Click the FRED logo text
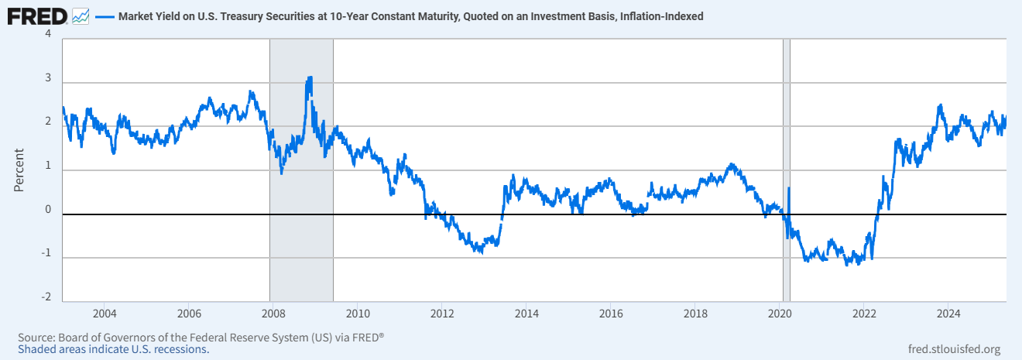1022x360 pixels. pos(36,15)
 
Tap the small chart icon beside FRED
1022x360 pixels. pos(80,15)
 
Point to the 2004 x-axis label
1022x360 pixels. pos(105,314)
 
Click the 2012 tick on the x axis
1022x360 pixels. pos(442,314)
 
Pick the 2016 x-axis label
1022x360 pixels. pos(611,314)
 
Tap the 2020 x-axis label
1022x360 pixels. pos(780,314)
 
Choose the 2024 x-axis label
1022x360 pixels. pos(948,314)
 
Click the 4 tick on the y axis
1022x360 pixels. pos(48,34)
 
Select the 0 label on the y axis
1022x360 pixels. pos(48,210)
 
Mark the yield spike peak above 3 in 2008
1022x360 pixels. pos(310,77)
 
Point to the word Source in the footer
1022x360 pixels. pos(36,338)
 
